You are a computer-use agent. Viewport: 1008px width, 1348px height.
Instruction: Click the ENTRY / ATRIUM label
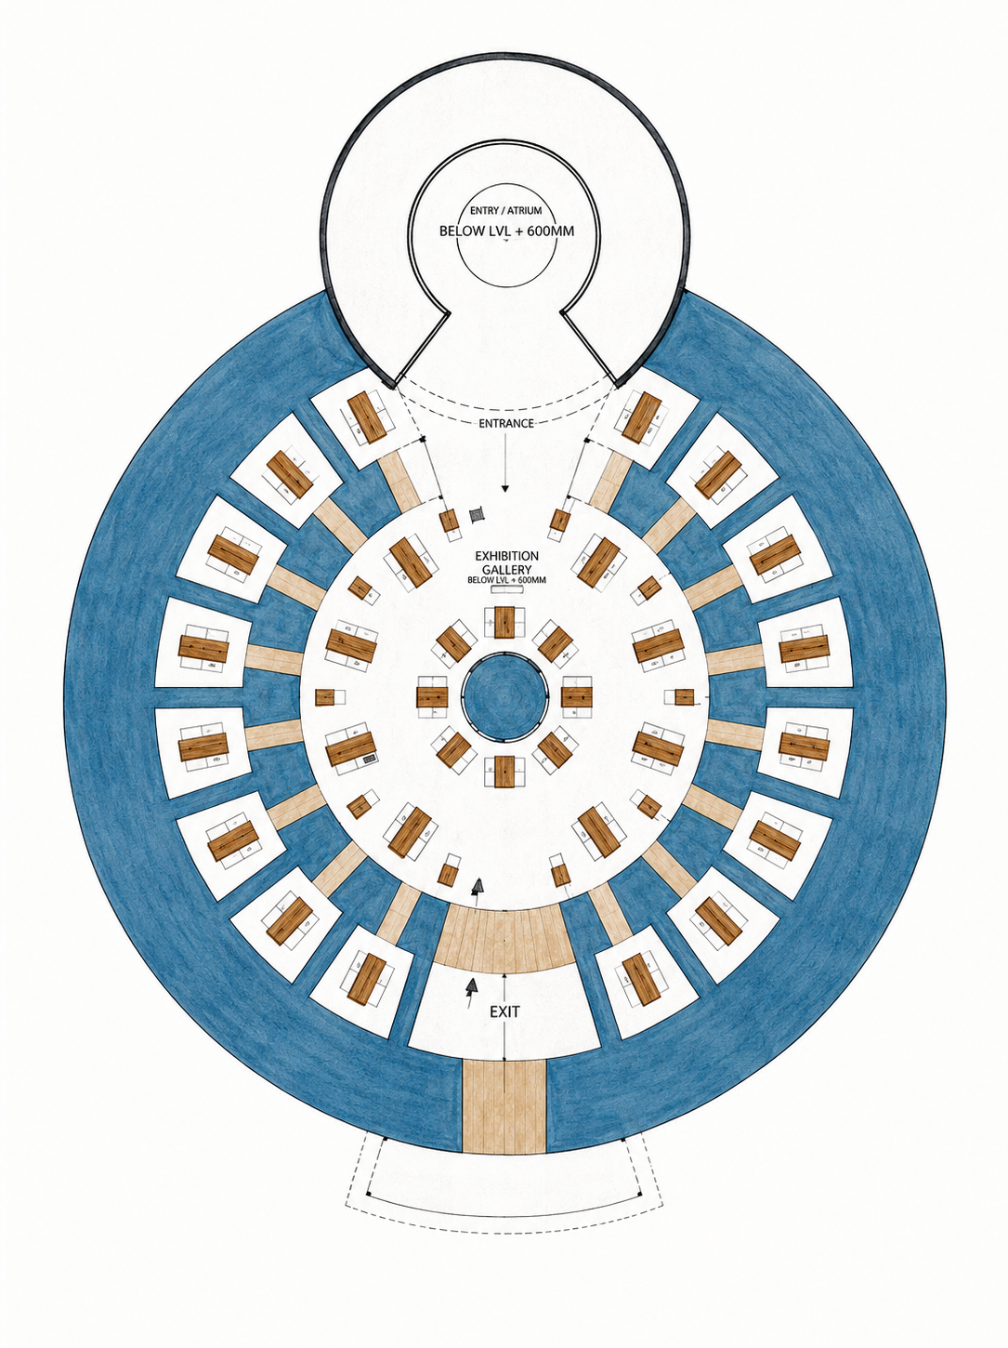tap(505, 211)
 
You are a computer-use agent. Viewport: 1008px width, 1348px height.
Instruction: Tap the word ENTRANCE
tap(505, 423)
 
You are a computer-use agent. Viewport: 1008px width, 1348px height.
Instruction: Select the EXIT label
tap(504, 1011)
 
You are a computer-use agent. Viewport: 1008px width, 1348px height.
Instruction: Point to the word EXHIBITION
tap(506, 556)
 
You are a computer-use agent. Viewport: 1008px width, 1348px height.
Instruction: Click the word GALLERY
tap(506, 569)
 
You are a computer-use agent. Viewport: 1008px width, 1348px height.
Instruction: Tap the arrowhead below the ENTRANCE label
tap(504, 488)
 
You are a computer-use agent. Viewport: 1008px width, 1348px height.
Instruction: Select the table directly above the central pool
tap(504, 622)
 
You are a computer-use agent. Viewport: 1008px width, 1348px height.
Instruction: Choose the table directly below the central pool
tap(504, 772)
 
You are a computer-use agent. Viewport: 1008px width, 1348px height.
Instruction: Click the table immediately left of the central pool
tap(432, 697)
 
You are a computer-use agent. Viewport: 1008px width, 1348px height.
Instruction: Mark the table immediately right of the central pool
tap(576, 697)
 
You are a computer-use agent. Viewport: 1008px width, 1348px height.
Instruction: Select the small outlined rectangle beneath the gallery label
tap(506, 589)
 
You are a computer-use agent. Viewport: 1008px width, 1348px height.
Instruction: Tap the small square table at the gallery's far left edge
tap(324, 697)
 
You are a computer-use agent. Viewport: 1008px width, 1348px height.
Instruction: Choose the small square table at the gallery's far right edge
tap(684, 697)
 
